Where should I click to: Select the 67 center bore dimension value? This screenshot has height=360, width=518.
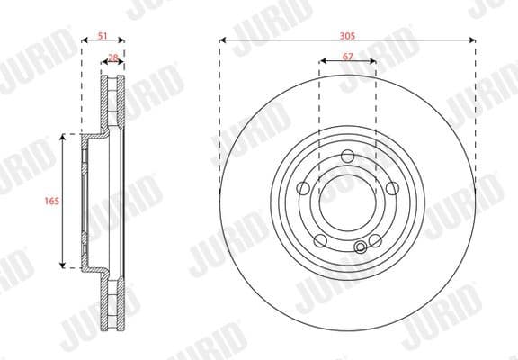pyautogui.click(x=347, y=57)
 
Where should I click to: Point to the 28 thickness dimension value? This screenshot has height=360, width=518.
pyautogui.click(x=113, y=57)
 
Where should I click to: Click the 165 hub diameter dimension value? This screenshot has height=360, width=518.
pyautogui.click(x=51, y=202)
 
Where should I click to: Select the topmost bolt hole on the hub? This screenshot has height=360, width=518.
pyautogui.click(x=347, y=157)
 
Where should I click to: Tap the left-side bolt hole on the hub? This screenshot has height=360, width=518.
pyautogui.click(x=304, y=189)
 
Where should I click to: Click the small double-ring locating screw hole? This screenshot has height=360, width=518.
pyautogui.click(x=362, y=247)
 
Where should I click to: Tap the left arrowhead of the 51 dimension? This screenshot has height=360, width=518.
pyautogui.click(x=84, y=40)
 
